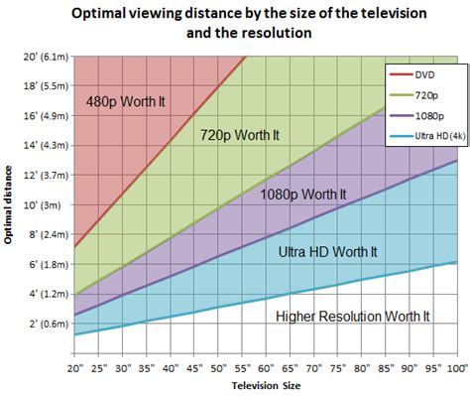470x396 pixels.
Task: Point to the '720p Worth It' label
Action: pos(242,134)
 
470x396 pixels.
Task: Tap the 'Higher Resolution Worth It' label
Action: pos(352,316)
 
